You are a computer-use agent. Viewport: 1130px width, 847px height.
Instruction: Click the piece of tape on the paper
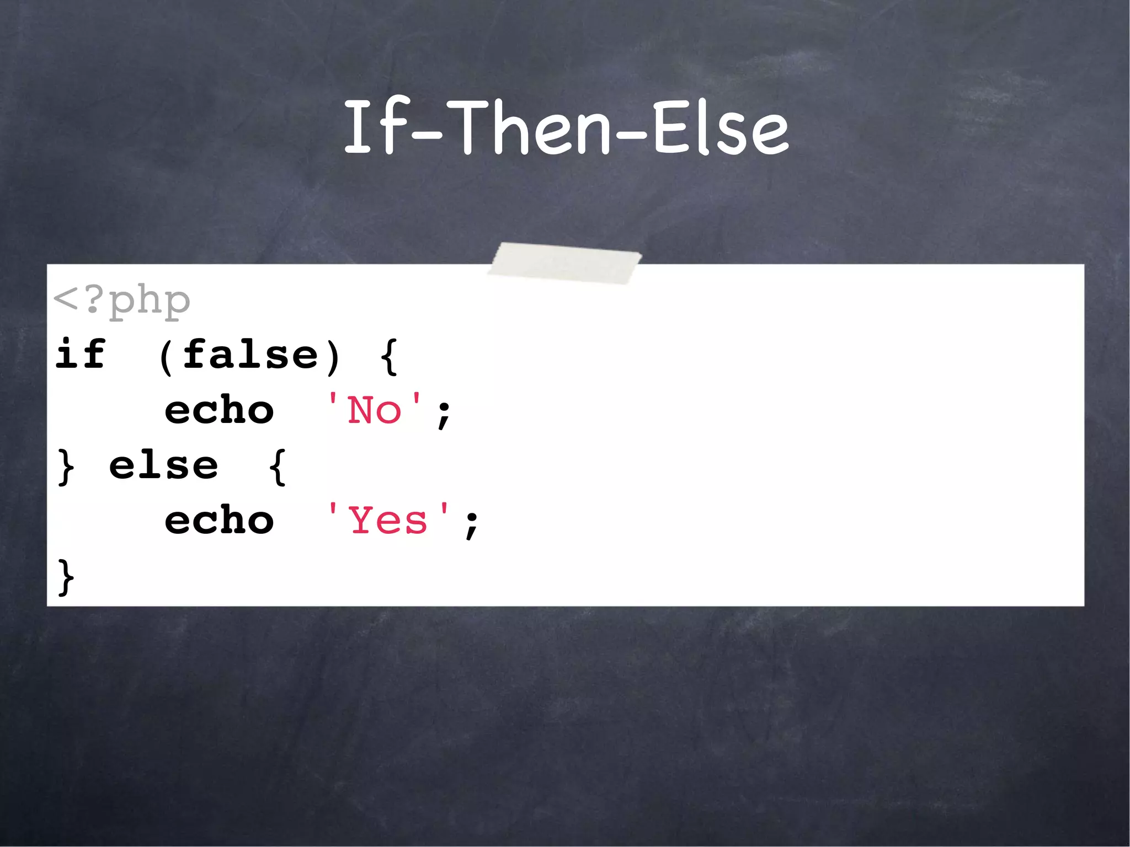click(x=564, y=263)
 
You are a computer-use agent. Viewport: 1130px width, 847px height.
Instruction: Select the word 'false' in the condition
click(x=250, y=355)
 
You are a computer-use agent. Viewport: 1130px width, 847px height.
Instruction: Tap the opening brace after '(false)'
click(x=389, y=357)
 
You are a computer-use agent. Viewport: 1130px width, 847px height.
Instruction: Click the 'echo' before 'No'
click(x=219, y=411)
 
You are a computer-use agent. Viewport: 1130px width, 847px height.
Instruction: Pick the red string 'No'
click(x=375, y=411)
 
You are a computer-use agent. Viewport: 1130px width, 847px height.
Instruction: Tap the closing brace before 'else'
click(x=66, y=467)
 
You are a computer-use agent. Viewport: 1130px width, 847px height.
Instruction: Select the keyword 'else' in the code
click(x=163, y=466)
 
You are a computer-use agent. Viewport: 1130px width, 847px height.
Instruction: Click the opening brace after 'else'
click(x=278, y=467)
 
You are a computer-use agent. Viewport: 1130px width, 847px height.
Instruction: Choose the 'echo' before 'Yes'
click(x=219, y=521)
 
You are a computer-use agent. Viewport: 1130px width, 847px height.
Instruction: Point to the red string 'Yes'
click(x=388, y=521)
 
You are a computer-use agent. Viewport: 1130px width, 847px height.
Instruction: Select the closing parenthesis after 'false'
click(x=333, y=357)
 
